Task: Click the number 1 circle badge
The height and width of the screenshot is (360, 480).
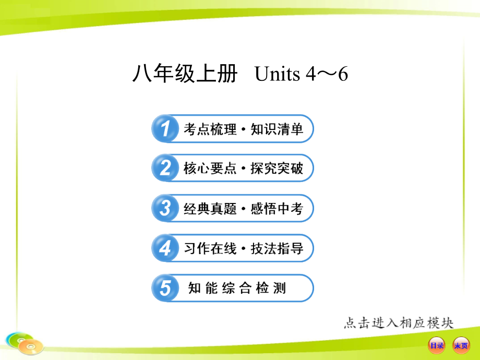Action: click(x=165, y=129)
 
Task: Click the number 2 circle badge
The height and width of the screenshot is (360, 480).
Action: click(x=165, y=169)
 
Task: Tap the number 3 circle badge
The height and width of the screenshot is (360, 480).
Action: click(x=165, y=209)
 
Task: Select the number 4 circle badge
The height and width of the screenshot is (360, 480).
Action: click(x=165, y=248)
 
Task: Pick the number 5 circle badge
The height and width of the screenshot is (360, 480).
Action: click(x=165, y=288)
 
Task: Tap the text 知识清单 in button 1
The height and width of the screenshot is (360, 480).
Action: click(x=277, y=129)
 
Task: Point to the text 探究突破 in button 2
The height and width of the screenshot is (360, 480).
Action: click(x=277, y=169)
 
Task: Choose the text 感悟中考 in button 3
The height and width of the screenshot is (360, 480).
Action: click(x=277, y=209)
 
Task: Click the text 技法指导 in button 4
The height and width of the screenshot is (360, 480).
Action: click(x=277, y=249)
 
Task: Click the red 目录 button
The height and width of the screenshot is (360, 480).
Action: click(x=437, y=345)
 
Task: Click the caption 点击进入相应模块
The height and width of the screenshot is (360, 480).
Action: click(x=399, y=323)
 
